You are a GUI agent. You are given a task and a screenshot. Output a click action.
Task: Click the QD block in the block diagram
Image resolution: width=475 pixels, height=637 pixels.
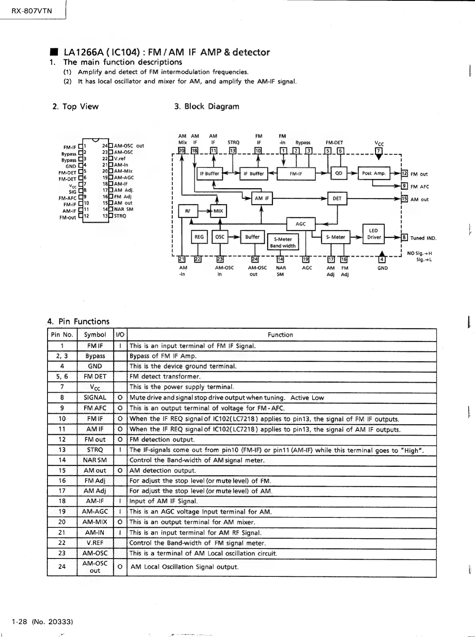338,173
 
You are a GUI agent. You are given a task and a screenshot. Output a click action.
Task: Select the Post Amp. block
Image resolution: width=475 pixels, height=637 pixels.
374,173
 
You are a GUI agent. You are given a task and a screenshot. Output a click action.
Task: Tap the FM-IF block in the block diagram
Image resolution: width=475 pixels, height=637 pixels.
296,174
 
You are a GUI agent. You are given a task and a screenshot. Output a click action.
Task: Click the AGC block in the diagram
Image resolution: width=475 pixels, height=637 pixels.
301,224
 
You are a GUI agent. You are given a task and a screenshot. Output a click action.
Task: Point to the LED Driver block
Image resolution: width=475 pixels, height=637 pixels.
373,234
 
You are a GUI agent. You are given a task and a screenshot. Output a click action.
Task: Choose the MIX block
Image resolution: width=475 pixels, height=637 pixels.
218,211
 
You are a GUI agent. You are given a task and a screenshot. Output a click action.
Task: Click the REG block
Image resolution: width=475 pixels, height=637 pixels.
199,237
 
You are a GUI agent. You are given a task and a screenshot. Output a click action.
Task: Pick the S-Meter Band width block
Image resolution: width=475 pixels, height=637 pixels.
283,242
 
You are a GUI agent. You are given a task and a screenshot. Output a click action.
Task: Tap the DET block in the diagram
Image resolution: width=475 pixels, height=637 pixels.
337,199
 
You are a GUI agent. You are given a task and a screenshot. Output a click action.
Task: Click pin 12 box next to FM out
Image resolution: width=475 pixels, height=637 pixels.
404,173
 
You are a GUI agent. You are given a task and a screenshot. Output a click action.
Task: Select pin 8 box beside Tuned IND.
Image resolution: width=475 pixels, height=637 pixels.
404,238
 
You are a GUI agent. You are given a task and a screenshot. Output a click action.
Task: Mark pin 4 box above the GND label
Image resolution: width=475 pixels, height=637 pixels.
382,260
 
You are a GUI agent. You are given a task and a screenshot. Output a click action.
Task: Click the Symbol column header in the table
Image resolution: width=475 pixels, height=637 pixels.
95,335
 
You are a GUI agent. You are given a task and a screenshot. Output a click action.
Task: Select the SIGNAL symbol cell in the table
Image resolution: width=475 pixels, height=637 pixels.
95,397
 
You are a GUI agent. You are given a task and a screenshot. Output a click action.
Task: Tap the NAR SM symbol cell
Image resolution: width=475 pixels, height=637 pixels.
95,460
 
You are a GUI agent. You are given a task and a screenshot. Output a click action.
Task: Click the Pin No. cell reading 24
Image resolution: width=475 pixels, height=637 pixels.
62,566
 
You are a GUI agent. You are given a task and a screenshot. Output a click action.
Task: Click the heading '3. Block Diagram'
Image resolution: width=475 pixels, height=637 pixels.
207,106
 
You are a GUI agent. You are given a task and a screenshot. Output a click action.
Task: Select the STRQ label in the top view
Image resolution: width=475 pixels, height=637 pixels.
120,216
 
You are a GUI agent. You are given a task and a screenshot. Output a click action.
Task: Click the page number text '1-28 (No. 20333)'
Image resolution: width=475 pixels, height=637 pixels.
42,621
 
